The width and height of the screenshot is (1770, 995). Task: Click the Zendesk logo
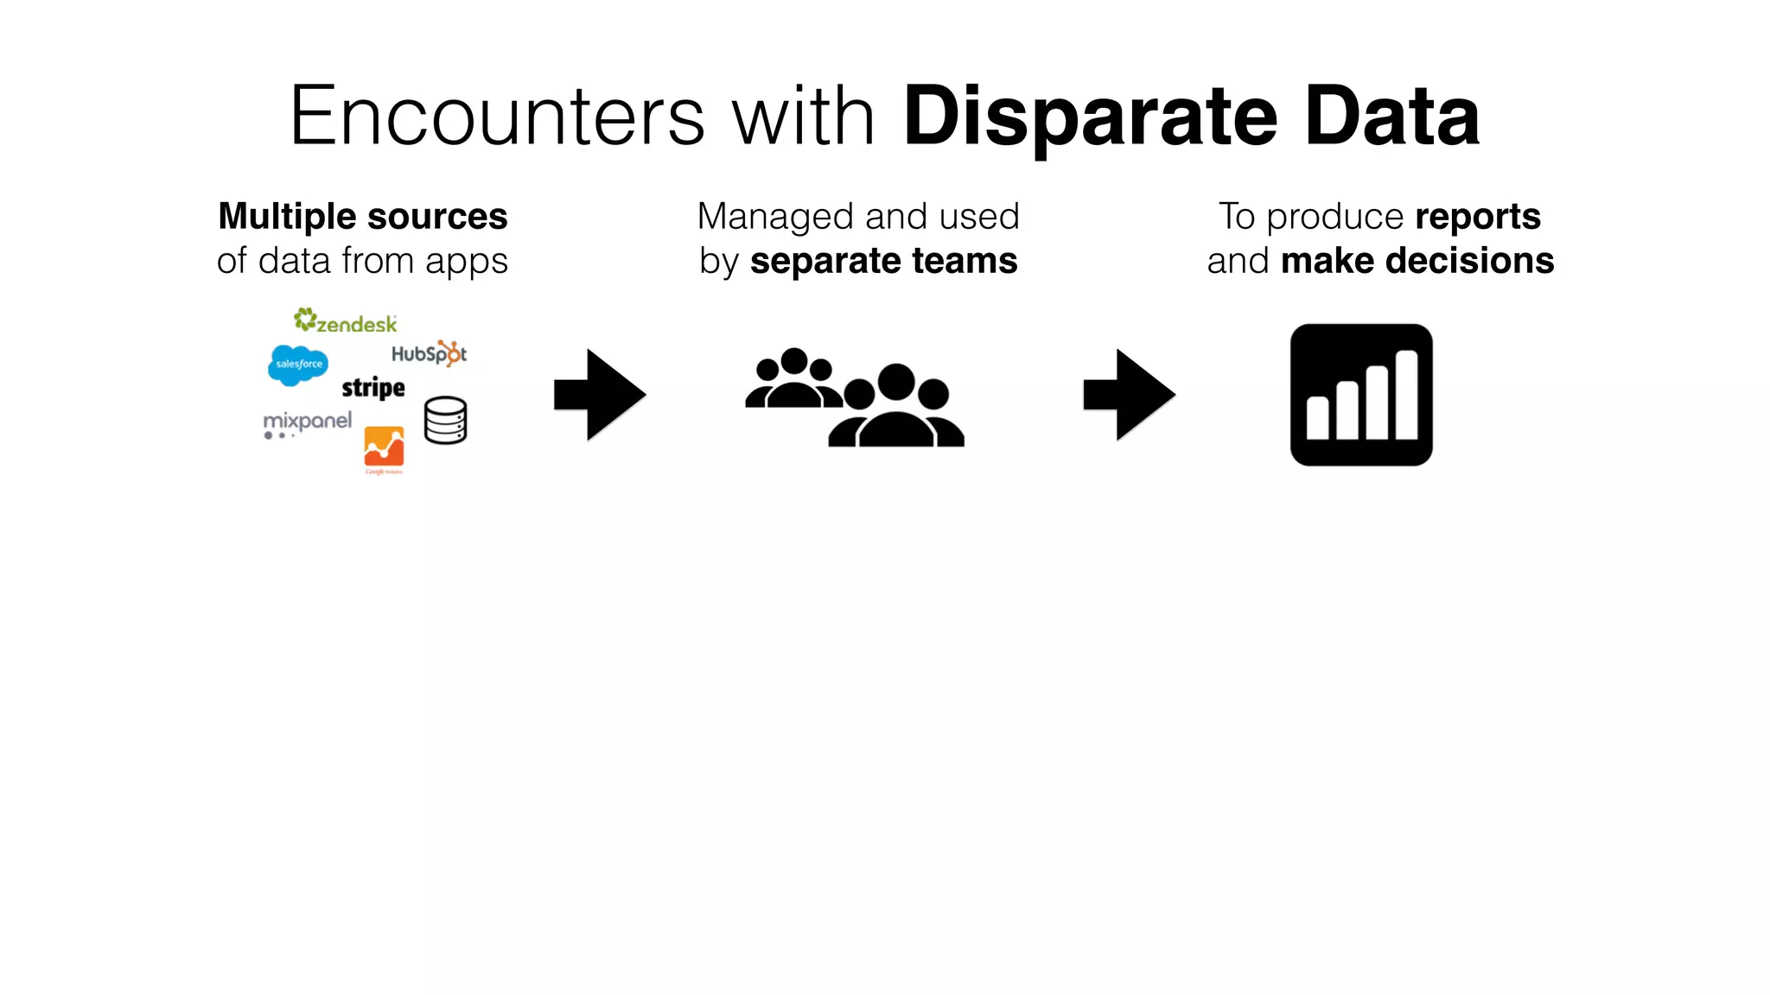pyautogui.click(x=346, y=321)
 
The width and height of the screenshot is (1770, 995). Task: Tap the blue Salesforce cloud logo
pyautogui.click(x=298, y=364)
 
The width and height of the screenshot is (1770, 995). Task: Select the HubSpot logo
pyautogui.click(x=429, y=353)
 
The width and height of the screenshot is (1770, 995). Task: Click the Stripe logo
pyautogui.click(x=373, y=388)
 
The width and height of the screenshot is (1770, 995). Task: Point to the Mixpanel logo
pyautogui.click(x=308, y=422)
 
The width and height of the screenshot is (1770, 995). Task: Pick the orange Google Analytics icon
pyautogui.click(x=384, y=447)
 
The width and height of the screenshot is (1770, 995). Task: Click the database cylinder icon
pyautogui.click(x=446, y=421)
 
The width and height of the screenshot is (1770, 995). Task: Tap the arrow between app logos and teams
pyautogui.click(x=600, y=395)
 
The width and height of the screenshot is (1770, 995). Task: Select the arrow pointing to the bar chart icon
pyautogui.click(x=1129, y=395)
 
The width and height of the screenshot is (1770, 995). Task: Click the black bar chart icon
pyautogui.click(x=1361, y=395)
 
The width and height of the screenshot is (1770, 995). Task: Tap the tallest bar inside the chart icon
pyautogui.click(x=1406, y=395)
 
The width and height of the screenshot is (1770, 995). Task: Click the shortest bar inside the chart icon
pyautogui.click(x=1317, y=418)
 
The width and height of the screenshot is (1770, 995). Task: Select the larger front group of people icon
pyautogui.click(x=896, y=408)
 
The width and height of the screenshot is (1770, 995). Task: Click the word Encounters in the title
pyautogui.click(x=497, y=117)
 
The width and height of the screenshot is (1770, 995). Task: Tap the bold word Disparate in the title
pyautogui.click(x=1090, y=117)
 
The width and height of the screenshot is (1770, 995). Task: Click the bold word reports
pyautogui.click(x=1478, y=217)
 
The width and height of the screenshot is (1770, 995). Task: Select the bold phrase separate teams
pyautogui.click(x=883, y=261)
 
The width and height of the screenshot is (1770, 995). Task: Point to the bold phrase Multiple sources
pyautogui.click(x=363, y=217)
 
